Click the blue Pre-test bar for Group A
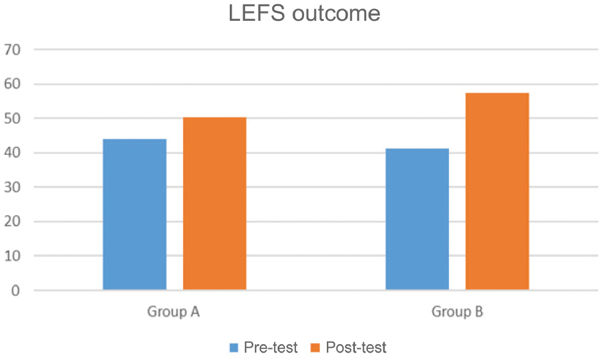(135, 214)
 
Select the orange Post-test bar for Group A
(214, 203)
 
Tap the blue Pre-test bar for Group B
(417, 219)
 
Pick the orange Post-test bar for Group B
(497, 191)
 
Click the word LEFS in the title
(257, 13)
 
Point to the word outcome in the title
(337, 14)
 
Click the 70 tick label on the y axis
(12, 50)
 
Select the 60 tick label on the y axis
(12, 84)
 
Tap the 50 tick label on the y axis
(12, 118)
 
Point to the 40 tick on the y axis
(12, 153)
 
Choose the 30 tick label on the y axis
(12, 187)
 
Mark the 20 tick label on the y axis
(12, 221)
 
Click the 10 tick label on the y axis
(12, 256)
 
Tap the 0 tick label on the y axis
(15, 291)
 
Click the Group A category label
(173, 311)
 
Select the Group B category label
(457, 311)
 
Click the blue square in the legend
(234, 348)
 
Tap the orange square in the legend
(315, 348)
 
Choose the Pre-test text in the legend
(271, 348)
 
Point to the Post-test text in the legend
(356, 348)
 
